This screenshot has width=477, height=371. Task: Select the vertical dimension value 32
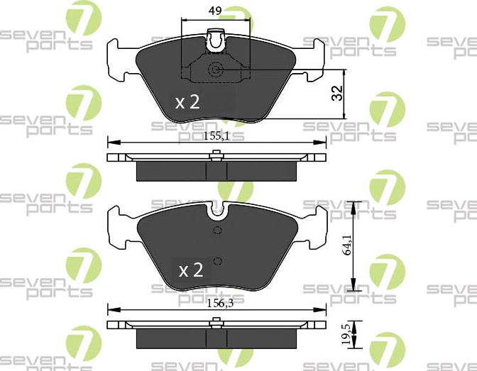(338, 93)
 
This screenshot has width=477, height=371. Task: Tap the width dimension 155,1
(216, 136)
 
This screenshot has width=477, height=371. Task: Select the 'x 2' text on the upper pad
(188, 102)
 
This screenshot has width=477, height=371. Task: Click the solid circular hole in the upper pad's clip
(216, 70)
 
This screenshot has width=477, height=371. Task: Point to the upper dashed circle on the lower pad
(218, 231)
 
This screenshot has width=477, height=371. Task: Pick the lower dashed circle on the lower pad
(218, 259)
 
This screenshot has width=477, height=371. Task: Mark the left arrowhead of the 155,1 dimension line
(110, 142)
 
